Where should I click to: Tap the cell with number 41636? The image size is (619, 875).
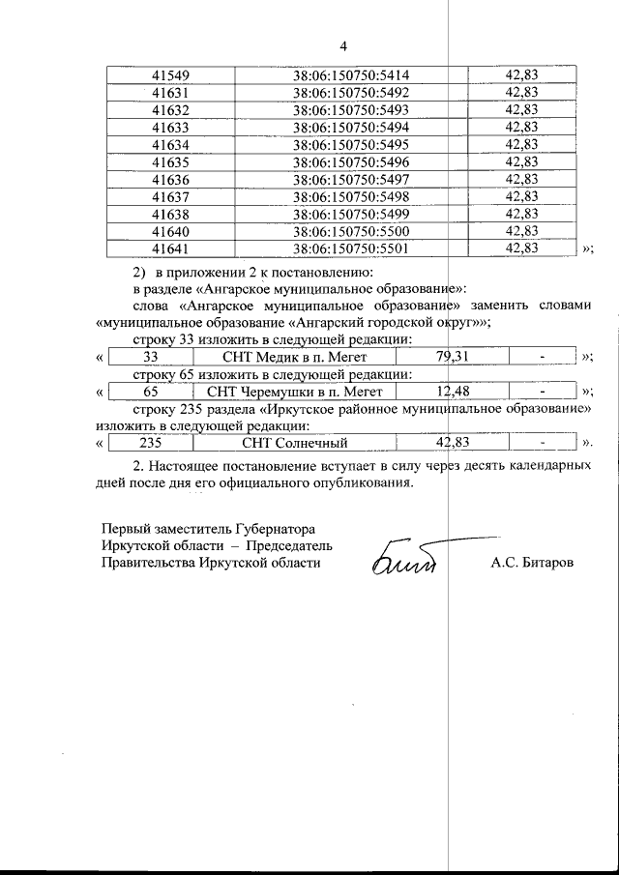[x=170, y=180]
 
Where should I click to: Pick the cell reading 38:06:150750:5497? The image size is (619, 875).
[x=351, y=180]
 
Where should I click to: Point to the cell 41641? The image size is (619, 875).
[x=170, y=248]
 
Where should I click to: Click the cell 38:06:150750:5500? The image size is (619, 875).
[x=351, y=231]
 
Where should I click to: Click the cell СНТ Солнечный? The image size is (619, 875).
[x=295, y=444]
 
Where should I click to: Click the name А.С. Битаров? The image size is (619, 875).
[x=531, y=561]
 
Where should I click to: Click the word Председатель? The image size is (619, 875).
[x=286, y=544]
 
